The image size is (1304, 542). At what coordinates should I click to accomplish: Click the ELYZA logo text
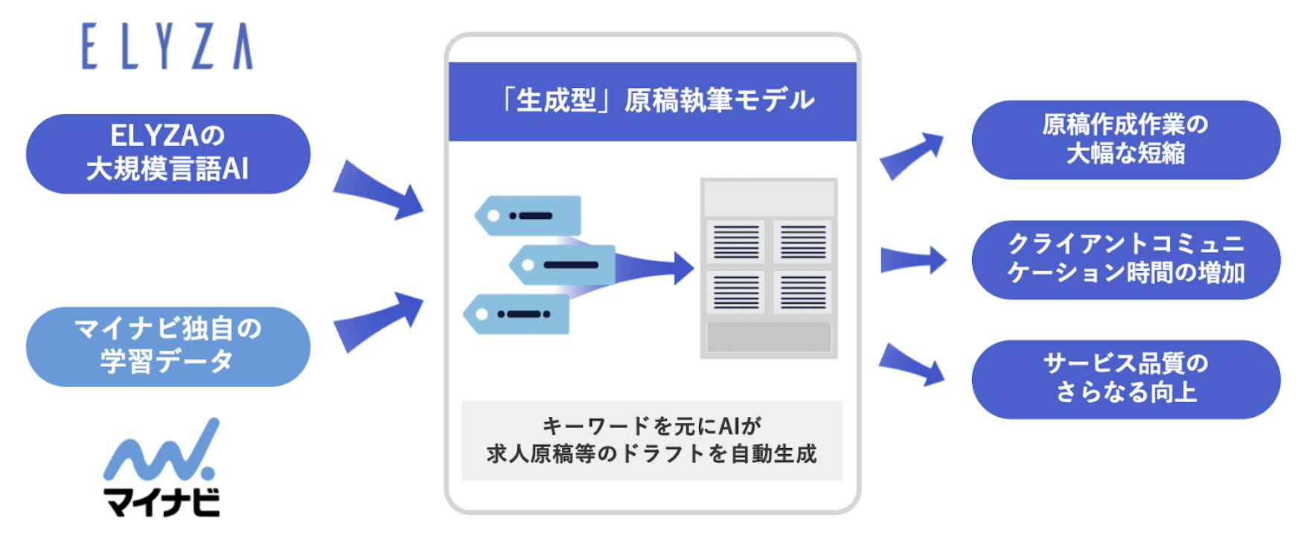(167, 46)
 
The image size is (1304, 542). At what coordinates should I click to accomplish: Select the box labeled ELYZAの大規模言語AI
(168, 153)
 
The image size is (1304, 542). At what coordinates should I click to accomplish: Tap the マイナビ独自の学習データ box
(168, 346)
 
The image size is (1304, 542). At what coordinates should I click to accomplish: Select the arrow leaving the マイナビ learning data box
(380, 320)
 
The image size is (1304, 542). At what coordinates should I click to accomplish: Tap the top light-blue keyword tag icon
(529, 216)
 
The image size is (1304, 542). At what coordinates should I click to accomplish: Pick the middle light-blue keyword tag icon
(563, 264)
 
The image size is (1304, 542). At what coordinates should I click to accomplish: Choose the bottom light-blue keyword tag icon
(517, 314)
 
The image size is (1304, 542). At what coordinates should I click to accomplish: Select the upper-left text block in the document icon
(735, 241)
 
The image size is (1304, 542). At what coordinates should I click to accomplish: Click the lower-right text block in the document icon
(803, 291)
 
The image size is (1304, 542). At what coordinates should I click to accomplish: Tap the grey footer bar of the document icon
(769, 337)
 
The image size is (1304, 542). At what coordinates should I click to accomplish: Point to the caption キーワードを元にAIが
(652, 426)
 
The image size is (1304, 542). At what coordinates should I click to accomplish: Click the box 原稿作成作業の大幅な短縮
(1125, 140)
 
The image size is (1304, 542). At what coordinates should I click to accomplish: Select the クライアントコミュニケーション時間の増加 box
(1125, 260)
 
